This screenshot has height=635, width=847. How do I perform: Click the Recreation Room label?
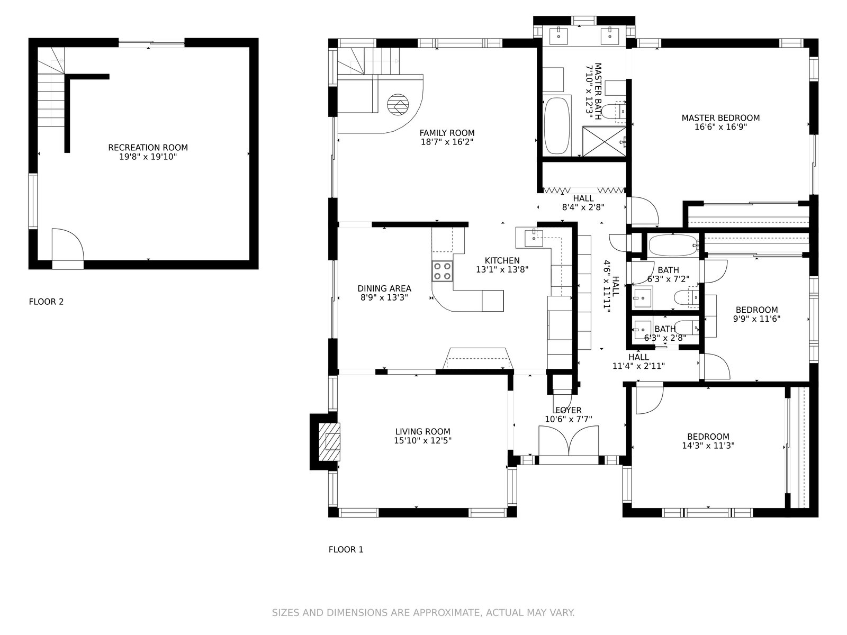148,148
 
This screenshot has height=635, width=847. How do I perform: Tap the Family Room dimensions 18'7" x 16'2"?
447,142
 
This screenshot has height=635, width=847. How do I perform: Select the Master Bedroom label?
720,118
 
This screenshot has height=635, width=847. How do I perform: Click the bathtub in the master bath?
556,126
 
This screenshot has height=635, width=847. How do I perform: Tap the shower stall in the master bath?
605,141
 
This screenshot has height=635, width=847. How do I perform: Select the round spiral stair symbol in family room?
398,104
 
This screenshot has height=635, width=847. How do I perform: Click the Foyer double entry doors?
569,441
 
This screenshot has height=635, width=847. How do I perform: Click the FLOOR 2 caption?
46,302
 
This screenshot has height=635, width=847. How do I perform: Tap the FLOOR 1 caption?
346,549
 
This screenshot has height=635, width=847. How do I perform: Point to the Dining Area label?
384,288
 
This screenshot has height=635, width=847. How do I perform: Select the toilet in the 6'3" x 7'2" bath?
687,297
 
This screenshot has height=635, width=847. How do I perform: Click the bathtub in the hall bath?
674,246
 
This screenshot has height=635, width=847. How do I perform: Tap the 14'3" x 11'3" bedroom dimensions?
708,446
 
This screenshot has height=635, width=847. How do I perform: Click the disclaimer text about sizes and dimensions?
424,613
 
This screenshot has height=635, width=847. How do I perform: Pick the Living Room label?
422,432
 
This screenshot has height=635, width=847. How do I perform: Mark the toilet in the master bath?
614,112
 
